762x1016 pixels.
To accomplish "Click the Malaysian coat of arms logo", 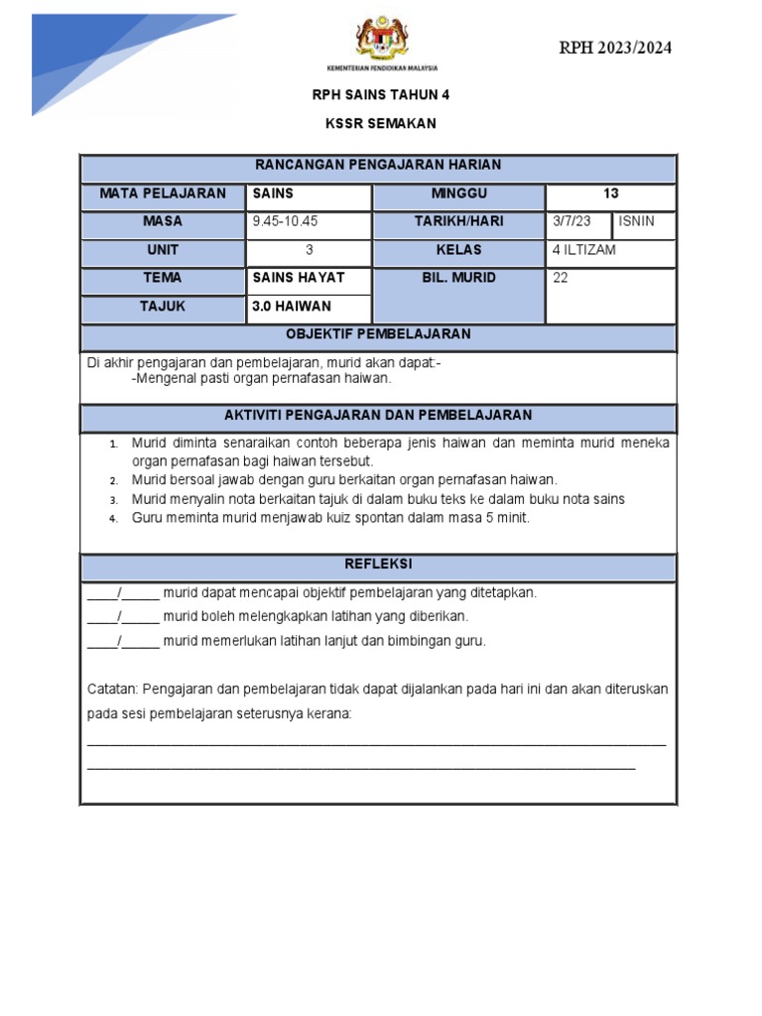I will click(x=381, y=37).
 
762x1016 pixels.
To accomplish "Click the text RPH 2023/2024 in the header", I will click(x=621, y=48).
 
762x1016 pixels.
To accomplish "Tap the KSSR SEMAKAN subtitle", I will click(x=380, y=124).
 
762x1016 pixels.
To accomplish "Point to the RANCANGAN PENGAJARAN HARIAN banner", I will click(x=378, y=166).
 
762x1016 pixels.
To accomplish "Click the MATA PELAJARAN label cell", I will click(x=162, y=194).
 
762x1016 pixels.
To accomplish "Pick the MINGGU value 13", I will click(x=610, y=194).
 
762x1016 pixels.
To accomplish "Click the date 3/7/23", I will click(x=571, y=222).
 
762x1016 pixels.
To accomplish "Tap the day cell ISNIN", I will click(x=636, y=222).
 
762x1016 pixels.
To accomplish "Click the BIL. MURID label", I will click(x=458, y=279).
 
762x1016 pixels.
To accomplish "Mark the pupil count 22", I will click(x=561, y=279).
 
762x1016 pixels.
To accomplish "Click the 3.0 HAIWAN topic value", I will click(x=292, y=307).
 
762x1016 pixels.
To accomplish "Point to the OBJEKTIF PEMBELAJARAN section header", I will click(x=378, y=334).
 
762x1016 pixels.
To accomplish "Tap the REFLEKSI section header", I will click(x=378, y=565).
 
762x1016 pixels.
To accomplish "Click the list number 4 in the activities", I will click(x=114, y=519).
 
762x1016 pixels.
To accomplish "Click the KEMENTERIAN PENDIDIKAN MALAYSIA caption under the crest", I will click(x=382, y=68).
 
